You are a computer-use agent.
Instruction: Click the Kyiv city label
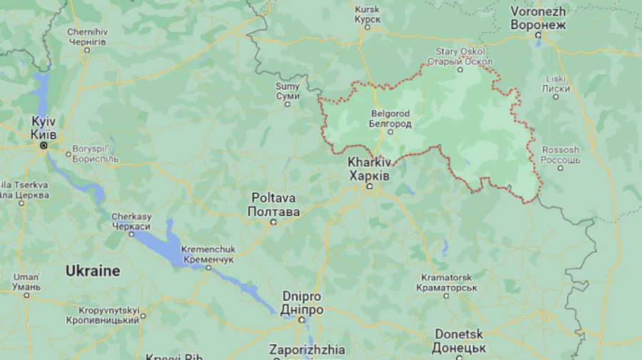click(x=44, y=128)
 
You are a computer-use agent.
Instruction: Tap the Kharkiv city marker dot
click(x=370, y=187)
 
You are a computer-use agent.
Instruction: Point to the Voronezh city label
click(x=538, y=19)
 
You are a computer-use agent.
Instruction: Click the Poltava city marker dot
click(x=273, y=222)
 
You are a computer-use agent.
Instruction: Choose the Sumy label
click(x=287, y=91)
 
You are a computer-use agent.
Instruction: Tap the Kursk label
click(x=367, y=14)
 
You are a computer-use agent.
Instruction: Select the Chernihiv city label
click(x=86, y=37)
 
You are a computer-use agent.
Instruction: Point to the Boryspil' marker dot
click(x=68, y=153)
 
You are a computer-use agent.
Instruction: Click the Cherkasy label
click(x=131, y=221)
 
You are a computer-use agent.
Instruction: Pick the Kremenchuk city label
click(x=208, y=254)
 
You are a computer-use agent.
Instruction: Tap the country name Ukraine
click(x=93, y=271)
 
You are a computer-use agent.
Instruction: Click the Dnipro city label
click(x=302, y=303)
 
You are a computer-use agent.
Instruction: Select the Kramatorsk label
click(x=448, y=282)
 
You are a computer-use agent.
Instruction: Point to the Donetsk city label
click(x=458, y=341)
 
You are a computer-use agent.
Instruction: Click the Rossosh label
click(x=560, y=155)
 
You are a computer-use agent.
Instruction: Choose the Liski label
click(x=556, y=83)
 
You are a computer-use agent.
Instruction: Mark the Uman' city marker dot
click(x=26, y=294)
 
